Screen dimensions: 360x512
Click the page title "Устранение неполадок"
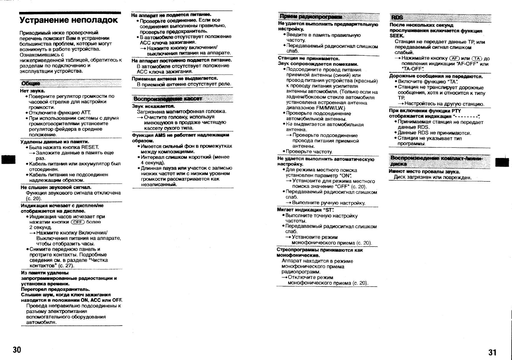tap(69, 20)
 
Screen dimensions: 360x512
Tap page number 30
tap(17, 350)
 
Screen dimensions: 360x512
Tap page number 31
tap(492, 352)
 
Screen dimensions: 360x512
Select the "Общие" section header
tap(30, 84)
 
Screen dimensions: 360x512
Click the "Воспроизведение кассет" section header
tap(168, 99)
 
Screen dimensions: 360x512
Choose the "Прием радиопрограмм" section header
tap(310, 17)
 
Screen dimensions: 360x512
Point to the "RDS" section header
tap(397, 17)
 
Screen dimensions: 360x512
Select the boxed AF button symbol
tap(454, 58)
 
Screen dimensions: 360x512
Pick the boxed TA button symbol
tap(477, 58)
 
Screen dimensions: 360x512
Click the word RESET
tap(90, 147)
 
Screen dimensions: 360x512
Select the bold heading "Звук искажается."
tap(153, 106)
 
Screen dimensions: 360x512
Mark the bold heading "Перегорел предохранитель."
tap(55, 289)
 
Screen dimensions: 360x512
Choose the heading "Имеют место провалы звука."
tap(424, 172)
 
